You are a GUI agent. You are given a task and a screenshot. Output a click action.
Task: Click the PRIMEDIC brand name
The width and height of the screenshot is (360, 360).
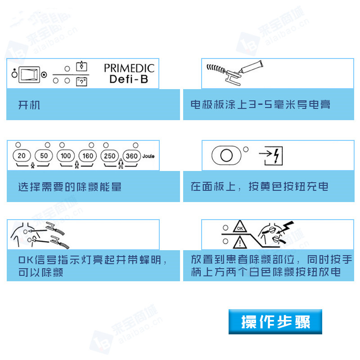[129, 68]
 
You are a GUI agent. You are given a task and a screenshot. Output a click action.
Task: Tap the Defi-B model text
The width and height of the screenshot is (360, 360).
[129, 80]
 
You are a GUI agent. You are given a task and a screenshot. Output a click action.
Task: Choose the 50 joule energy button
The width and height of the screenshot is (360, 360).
[44, 156]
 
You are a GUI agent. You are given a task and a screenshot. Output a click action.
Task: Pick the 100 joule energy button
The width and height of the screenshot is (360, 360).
[66, 156]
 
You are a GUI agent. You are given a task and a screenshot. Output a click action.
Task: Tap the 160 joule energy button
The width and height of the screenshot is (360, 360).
[88, 156]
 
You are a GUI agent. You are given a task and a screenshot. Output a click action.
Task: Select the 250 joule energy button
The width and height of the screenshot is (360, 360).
[110, 156]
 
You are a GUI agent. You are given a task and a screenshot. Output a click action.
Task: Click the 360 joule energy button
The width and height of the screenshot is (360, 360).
[132, 156]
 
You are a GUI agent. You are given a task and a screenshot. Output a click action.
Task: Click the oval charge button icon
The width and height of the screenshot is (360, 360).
[226, 156]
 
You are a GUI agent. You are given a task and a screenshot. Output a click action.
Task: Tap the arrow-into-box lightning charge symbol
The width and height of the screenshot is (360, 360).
[270, 156]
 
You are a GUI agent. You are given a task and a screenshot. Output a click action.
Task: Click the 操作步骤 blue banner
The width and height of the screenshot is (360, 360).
[275, 322]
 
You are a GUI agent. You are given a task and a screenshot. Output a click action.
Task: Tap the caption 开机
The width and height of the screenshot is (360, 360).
[29, 105]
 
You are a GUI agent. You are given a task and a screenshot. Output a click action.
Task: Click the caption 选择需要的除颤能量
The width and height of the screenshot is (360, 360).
[70, 186]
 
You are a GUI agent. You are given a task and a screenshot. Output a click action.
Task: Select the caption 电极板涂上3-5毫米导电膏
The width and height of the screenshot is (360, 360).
[261, 105]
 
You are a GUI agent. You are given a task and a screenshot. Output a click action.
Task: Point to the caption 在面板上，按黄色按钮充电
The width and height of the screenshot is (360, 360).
[260, 186]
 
